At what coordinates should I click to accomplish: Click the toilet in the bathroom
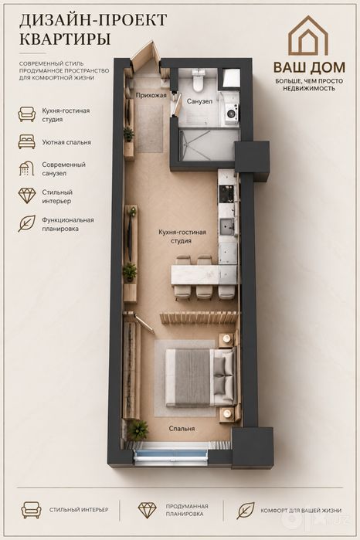coord(199,80)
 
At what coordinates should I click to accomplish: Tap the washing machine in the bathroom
coord(232,112)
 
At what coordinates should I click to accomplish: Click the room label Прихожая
coord(151,95)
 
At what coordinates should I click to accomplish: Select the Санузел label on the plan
coord(199,101)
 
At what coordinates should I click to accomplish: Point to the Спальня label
coord(182,429)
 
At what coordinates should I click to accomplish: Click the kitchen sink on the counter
coord(227,226)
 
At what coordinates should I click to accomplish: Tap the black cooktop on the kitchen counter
coord(227,194)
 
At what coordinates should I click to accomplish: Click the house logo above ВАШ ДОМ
coord(308,36)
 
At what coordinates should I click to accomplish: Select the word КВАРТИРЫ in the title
coord(65,39)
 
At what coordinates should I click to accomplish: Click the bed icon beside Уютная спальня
coord(27,142)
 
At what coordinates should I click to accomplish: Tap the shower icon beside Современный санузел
coord(26,168)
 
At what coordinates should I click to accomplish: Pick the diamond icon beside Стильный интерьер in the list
coord(27,196)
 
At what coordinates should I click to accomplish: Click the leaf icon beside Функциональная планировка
coord(27,223)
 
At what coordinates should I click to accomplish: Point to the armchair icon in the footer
coord(31,510)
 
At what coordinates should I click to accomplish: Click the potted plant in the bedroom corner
coord(138,430)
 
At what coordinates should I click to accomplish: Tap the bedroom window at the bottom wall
coord(171,453)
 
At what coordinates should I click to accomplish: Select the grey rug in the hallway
coord(151,128)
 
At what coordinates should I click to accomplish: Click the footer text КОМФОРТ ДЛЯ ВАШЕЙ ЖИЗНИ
coord(301,511)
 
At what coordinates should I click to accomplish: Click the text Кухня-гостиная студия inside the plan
coord(182,236)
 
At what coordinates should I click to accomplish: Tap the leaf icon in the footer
coord(246,511)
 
